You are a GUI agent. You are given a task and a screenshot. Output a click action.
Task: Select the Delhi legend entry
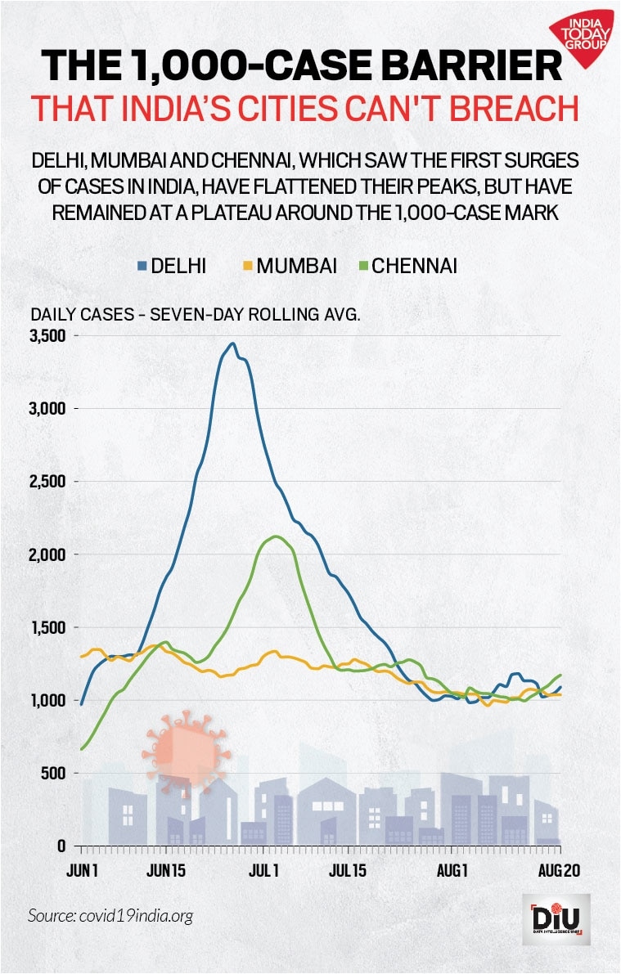(x=172, y=266)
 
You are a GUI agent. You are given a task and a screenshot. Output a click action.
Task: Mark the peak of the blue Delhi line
(x=233, y=343)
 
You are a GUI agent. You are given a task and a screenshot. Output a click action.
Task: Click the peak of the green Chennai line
(x=276, y=536)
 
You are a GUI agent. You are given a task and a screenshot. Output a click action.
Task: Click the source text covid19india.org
(x=110, y=915)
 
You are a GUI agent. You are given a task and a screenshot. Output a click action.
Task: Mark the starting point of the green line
(x=82, y=748)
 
